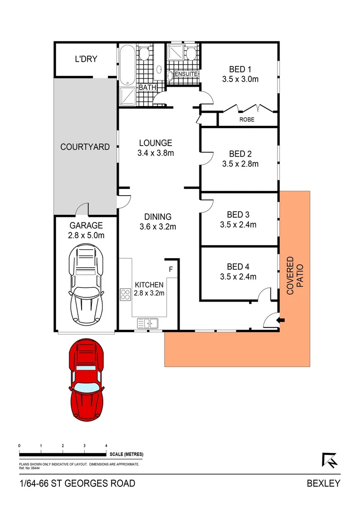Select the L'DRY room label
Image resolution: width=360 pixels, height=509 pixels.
tap(86, 59)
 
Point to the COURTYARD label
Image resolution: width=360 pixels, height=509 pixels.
tap(85, 147)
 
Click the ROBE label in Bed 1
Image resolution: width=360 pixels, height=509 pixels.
tap(246, 120)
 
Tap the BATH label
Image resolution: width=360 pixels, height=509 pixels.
tap(147, 88)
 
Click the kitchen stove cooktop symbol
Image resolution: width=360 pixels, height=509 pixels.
tap(126, 295)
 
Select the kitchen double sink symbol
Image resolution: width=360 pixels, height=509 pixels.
tap(147, 323)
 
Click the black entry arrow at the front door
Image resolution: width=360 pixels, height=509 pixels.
tap(282, 320)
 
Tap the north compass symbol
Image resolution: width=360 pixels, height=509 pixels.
tap(330, 460)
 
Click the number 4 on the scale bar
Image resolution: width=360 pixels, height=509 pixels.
tap(106, 445)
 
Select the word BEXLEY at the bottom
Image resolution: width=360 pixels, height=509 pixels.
tap(323, 483)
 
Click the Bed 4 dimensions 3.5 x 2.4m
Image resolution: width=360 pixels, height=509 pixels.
tap(238, 277)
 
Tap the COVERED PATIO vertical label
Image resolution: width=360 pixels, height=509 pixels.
tap(294, 276)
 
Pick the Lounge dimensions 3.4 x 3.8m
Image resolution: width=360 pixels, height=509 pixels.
tap(155, 153)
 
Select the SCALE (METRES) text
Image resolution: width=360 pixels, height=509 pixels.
tap(126, 454)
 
